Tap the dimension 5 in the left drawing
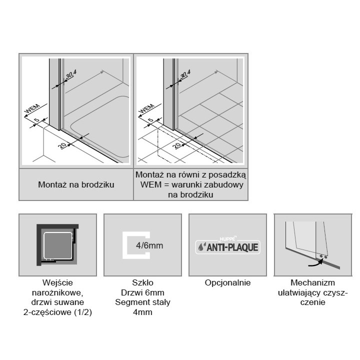click(37, 120)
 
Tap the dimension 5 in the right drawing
click(150, 120)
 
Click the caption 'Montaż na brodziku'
click(76, 184)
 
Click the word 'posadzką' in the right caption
click(230, 175)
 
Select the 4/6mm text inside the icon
click(149, 245)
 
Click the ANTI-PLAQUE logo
click(227, 246)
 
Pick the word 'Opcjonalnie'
click(227, 283)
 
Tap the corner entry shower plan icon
click(57, 243)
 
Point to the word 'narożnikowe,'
click(57, 293)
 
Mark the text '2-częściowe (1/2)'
click(57, 312)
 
